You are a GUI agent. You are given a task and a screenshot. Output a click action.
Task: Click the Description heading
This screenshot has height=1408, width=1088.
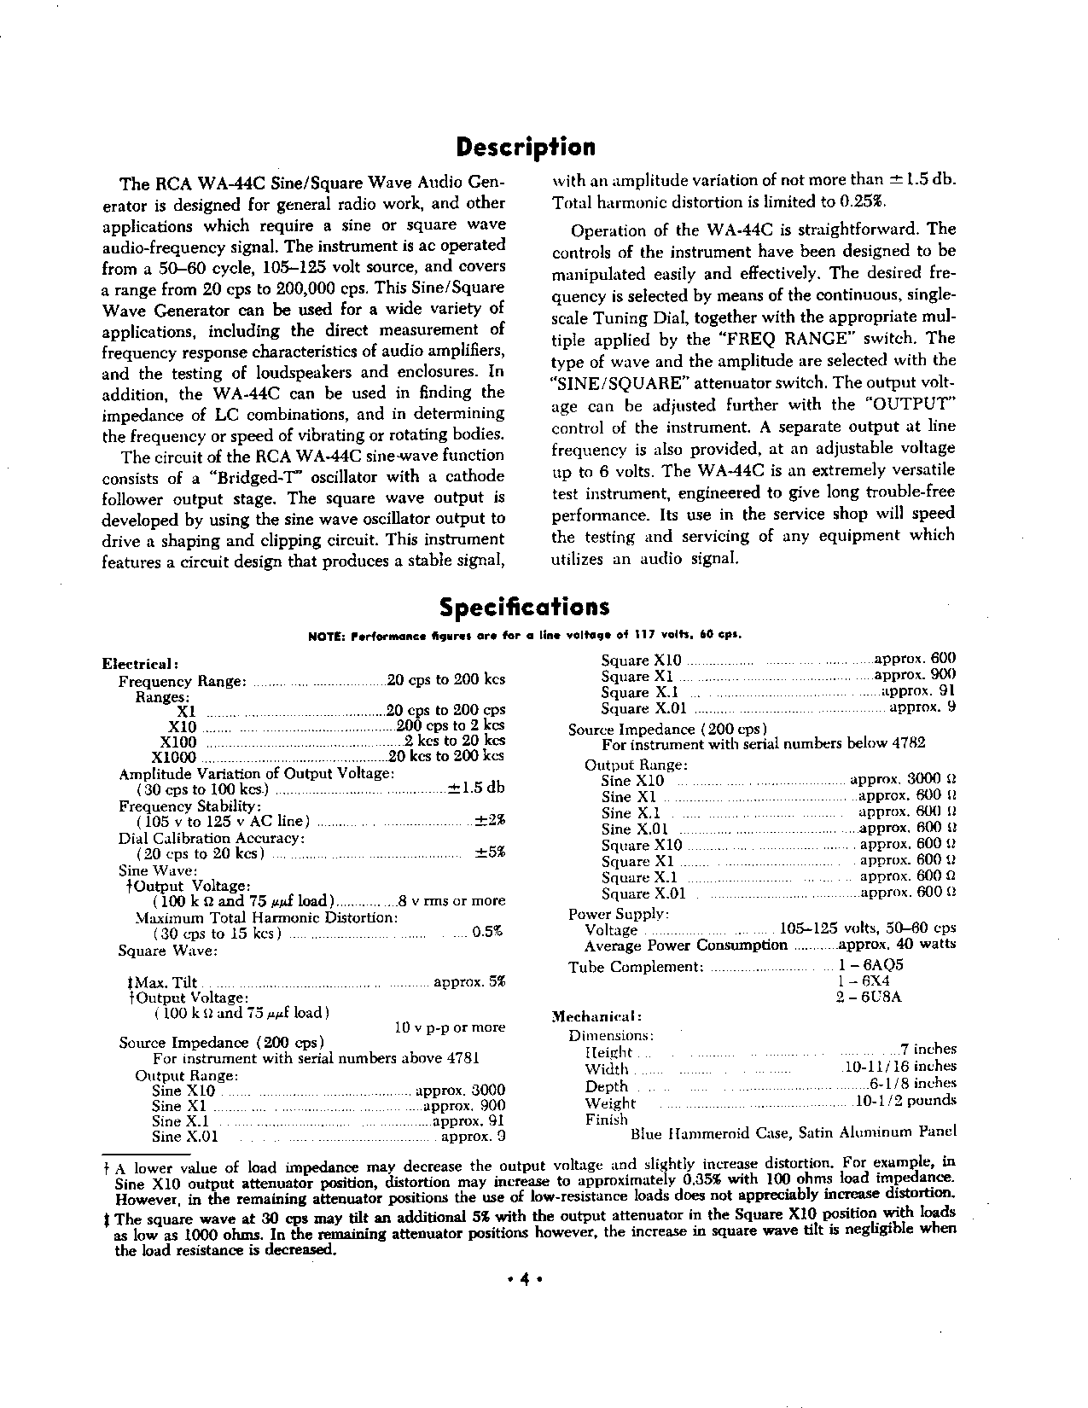(526, 148)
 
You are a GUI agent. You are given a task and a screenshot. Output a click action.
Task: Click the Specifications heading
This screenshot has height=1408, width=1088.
(525, 607)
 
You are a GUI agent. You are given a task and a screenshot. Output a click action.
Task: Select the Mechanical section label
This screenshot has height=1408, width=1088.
(596, 1017)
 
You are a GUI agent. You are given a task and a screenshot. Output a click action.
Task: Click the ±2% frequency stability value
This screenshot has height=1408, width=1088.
(490, 821)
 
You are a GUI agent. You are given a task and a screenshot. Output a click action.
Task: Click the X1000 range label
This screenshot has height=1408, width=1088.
(173, 757)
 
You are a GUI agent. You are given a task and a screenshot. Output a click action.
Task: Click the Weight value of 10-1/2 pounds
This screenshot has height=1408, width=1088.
(905, 1101)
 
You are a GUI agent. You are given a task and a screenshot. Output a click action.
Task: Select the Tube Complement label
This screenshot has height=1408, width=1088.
(636, 967)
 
